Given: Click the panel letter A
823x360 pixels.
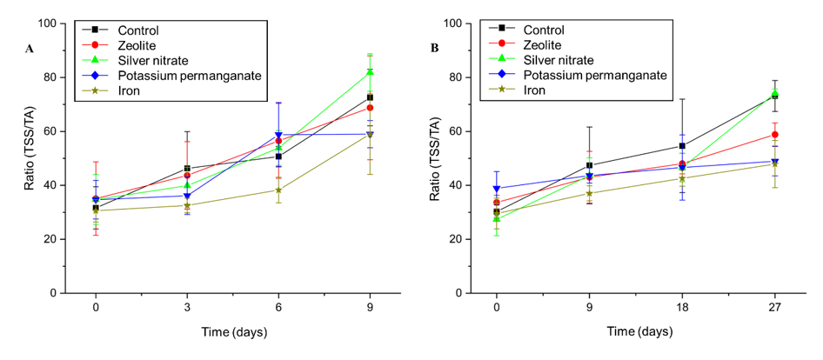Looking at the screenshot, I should point(30,49).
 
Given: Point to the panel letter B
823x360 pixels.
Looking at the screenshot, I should point(434,47).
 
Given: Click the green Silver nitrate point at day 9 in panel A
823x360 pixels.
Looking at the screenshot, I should point(370,72).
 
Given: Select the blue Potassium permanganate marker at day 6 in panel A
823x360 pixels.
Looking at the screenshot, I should point(278,136).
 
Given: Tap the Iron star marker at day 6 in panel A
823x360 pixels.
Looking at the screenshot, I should point(278,190).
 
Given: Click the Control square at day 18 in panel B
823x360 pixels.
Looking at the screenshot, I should point(682,146).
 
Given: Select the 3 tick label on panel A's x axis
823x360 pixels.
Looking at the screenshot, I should point(187,307).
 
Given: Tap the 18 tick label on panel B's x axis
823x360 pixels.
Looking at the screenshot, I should point(682,307).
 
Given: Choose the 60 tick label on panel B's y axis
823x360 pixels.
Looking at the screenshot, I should point(453,131).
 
